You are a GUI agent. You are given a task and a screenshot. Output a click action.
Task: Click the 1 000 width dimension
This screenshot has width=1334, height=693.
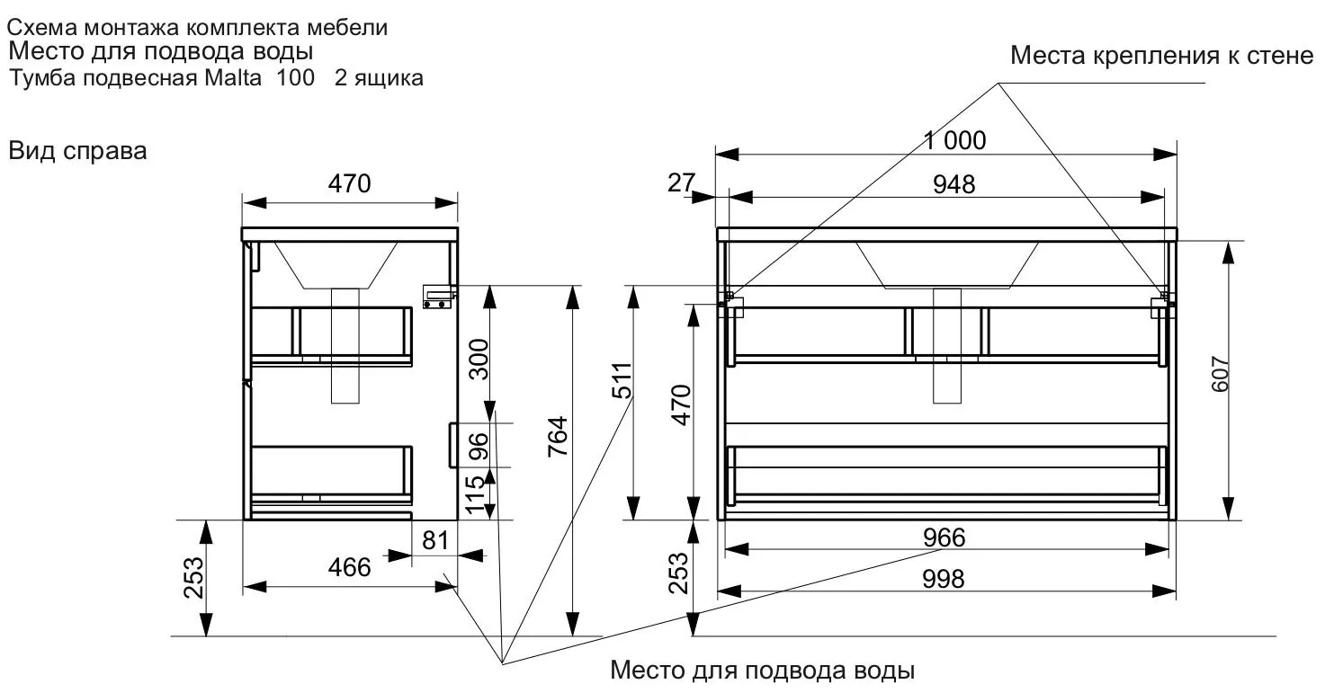[x=954, y=140]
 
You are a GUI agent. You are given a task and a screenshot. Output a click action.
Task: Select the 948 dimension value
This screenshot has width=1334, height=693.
[x=954, y=184]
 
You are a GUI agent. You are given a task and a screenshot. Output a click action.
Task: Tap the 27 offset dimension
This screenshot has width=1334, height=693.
[x=681, y=182]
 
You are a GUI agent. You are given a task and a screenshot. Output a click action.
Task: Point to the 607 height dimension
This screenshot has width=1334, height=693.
[x=1221, y=374]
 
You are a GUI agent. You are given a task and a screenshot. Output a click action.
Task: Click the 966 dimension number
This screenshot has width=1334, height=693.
[x=944, y=538]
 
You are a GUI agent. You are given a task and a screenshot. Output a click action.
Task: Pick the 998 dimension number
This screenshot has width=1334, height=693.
[x=944, y=579]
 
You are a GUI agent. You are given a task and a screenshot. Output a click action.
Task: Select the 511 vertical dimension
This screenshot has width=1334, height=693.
[x=622, y=380]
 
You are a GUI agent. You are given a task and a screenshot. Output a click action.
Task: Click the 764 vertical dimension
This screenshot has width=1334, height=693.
[x=558, y=437]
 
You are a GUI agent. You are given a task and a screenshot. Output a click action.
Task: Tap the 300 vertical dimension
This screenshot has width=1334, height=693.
[x=479, y=360]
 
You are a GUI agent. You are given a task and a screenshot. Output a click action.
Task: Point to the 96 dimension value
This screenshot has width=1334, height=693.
[x=479, y=447]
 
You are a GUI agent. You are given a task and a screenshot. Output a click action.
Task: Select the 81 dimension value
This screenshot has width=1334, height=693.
[x=435, y=541]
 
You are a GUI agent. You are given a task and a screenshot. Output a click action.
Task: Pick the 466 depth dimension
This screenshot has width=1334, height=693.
[x=350, y=567]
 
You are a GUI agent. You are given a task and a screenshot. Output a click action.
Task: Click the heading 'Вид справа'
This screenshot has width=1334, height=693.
[x=77, y=150]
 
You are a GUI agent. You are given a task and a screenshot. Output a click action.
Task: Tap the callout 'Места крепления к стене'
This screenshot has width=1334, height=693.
[x=1162, y=56]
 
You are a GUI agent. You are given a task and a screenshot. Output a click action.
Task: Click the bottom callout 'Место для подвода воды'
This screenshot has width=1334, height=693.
[x=762, y=671]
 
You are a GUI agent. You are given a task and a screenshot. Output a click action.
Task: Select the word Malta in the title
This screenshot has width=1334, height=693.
[x=233, y=78]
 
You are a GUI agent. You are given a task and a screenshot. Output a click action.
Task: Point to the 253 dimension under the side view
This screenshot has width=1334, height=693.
[x=194, y=578]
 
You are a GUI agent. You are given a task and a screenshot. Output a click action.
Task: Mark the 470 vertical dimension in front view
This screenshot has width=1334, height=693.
[x=681, y=405]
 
